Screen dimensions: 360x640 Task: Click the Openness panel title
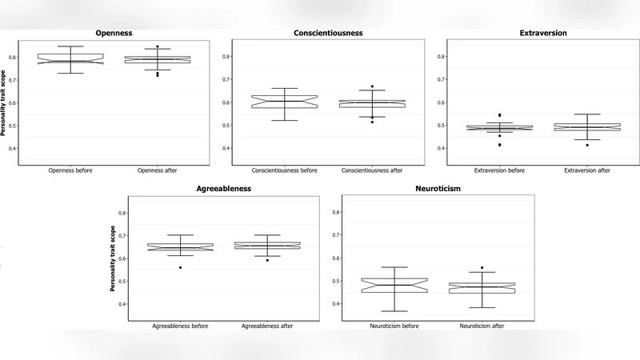tap(114, 33)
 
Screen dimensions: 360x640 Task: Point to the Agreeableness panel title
tap(223, 188)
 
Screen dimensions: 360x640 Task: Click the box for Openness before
tap(70, 58)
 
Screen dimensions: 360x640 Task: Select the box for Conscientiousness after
tap(371, 103)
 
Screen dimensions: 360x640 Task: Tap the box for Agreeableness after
tap(268, 246)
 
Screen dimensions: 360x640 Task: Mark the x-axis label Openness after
tap(158, 170)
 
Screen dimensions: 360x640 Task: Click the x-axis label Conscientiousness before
tap(284, 170)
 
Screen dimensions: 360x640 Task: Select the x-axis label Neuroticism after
tap(482, 326)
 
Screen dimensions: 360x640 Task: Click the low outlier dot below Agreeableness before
tap(180, 267)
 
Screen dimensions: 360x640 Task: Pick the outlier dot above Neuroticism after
tap(482, 267)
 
